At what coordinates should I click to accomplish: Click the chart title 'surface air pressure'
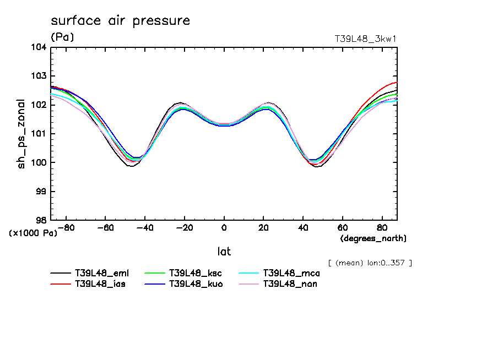(120, 21)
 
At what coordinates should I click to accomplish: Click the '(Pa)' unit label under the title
(62, 37)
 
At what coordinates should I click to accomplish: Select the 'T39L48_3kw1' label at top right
(366, 39)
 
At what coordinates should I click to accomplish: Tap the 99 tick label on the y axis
(41, 191)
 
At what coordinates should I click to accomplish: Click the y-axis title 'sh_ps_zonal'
(21, 134)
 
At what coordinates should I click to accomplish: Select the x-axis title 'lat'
(224, 252)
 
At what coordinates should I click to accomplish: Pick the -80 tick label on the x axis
(66, 227)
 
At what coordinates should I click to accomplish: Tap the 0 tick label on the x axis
(224, 227)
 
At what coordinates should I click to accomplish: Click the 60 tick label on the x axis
(342, 227)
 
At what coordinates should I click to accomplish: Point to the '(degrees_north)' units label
(373, 238)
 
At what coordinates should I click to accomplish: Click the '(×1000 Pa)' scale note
(33, 233)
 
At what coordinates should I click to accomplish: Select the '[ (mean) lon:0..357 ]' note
(370, 263)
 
